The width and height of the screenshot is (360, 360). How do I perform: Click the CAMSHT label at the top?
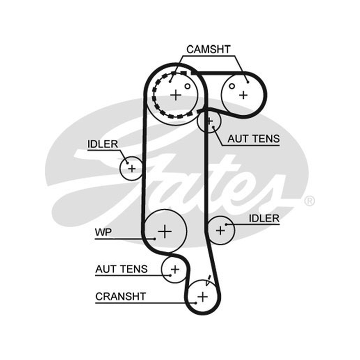click(x=208, y=49)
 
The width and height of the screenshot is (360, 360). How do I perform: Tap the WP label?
click(x=103, y=232)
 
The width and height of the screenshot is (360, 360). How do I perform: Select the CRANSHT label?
click(x=121, y=297)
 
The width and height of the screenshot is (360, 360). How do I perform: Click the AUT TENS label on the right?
click(x=254, y=139)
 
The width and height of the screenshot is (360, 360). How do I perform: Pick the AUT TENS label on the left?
click(x=121, y=269)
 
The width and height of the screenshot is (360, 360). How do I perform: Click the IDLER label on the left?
click(x=103, y=144)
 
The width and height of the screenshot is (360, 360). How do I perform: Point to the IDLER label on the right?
click(x=264, y=218)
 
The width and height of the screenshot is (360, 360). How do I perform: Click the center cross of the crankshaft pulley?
click(x=202, y=297)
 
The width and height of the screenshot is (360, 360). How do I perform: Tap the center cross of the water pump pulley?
click(x=165, y=231)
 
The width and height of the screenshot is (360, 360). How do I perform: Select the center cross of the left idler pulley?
click(x=132, y=169)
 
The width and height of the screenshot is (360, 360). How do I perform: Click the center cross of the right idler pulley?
click(x=220, y=230)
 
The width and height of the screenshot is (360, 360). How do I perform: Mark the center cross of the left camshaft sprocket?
click(x=176, y=95)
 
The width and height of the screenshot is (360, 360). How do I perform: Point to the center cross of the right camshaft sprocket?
click(x=243, y=95)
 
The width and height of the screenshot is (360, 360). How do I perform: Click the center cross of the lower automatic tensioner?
click(x=175, y=269)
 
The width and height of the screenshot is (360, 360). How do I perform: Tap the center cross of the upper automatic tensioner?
click(x=209, y=121)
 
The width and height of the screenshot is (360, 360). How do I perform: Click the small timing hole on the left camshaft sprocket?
click(x=188, y=86)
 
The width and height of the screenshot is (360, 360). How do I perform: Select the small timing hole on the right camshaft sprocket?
click(x=232, y=86)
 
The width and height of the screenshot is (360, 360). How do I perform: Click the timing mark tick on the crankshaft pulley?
click(x=208, y=280)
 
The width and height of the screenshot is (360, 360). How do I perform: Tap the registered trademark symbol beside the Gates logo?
click(x=309, y=201)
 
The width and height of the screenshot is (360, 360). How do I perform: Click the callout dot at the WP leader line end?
click(x=154, y=239)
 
